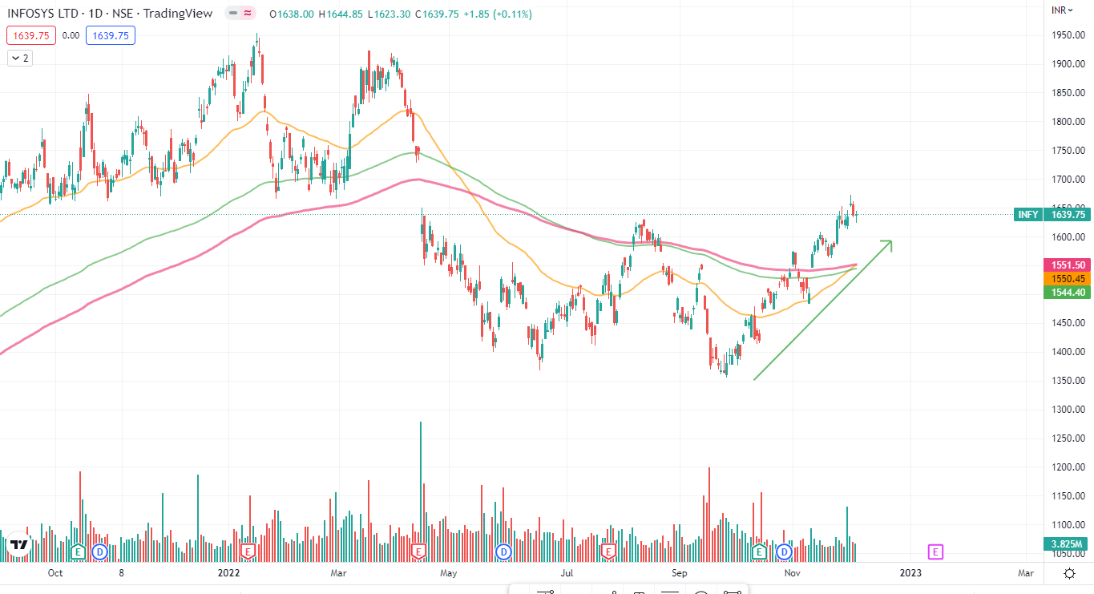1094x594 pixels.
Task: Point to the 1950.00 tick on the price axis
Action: click(1068, 35)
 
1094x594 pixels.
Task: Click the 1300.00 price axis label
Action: click(1068, 410)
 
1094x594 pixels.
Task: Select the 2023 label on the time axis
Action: click(910, 573)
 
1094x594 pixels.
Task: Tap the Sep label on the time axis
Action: click(680, 573)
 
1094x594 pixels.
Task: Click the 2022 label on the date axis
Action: click(229, 573)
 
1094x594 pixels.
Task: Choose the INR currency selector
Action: click(1063, 10)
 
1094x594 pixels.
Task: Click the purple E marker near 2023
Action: click(935, 552)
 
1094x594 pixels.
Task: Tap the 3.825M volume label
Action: click(1068, 544)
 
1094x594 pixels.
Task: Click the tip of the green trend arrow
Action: click(891, 240)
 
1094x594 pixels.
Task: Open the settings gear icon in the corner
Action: click(1069, 573)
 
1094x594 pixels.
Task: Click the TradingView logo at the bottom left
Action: click(19, 545)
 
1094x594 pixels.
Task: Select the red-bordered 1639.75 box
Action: click(30, 35)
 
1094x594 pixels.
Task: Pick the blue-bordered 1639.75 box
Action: click(111, 35)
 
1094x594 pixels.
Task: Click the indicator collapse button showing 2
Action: click(20, 58)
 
